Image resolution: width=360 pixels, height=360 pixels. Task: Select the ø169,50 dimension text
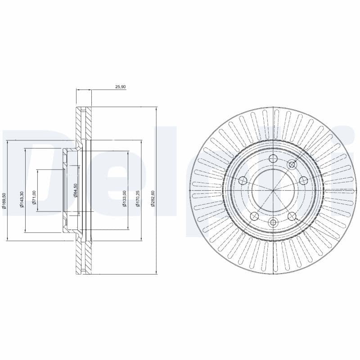coord(4,200)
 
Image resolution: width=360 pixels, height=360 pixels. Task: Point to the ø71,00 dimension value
coord(34,198)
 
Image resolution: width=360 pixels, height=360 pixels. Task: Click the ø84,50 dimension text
coord(76,191)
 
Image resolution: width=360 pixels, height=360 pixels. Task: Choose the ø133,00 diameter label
coord(125,198)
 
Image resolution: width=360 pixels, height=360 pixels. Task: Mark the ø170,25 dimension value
coord(138,198)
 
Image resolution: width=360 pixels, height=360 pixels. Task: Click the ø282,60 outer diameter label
coord(153,198)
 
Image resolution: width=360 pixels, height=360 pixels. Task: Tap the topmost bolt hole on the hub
coord(273,158)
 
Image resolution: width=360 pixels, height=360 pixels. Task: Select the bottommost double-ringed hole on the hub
coord(273,223)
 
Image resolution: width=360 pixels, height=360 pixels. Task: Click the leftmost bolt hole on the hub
coord(243,181)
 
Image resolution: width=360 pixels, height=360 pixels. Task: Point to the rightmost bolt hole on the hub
coord(303,181)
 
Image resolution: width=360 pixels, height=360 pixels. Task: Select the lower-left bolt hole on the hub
coord(254,216)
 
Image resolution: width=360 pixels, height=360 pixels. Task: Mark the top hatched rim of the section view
coord(83,121)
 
